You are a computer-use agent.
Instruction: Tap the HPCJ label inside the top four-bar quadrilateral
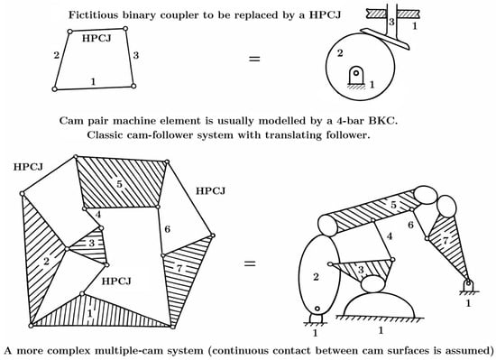pyautogui.click(x=96, y=38)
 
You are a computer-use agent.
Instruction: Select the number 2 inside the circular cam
pyautogui.click(x=340, y=53)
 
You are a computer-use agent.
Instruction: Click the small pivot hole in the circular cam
pyautogui.click(x=356, y=72)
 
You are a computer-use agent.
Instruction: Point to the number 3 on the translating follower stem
pyautogui.click(x=391, y=23)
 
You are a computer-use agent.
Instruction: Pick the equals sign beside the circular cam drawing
pyautogui.click(x=254, y=59)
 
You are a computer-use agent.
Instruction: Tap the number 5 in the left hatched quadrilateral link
pyautogui.click(x=119, y=184)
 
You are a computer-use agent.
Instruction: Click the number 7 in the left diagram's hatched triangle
pyautogui.click(x=179, y=268)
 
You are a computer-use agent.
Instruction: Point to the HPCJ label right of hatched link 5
pyautogui.click(x=210, y=190)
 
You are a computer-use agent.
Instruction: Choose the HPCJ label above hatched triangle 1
pyautogui.click(x=116, y=281)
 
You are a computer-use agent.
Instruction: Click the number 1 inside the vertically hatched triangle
pyautogui.click(x=90, y=313)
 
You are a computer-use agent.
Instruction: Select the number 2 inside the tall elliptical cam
pyautogui.click(x=316, y=277)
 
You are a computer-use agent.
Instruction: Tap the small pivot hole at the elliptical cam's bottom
pyautogui.click(x=317, y=309)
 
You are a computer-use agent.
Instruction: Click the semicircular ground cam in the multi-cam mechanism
pyautogui.click(x=380, y=305)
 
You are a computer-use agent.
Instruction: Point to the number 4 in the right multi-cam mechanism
pyautogui.click(x=390, y=235)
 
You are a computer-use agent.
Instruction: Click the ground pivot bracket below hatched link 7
pyautogui.click(x=468, y=285)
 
